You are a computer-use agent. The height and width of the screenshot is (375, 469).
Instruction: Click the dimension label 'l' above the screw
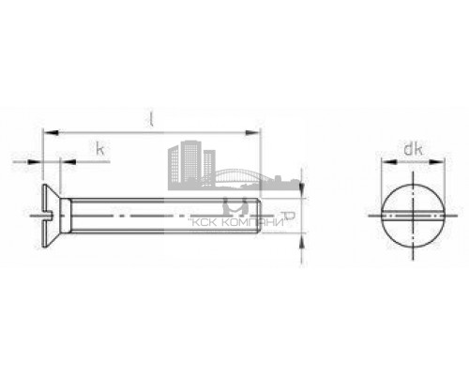click(x=151, y=118)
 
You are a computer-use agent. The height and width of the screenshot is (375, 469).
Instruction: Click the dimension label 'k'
click(x=98, y=148)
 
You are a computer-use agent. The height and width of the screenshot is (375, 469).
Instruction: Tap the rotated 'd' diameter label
click(x=292, y=217)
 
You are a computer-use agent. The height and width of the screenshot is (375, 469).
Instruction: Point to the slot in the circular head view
click(x=410, y=217)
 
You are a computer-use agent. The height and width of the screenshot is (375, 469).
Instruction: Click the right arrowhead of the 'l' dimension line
click(x=256, y=133)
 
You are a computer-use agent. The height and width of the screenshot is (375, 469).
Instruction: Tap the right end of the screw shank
click(x=262, y=217)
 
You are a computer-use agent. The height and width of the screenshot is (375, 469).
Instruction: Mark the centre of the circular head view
click(x=410, y=217)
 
